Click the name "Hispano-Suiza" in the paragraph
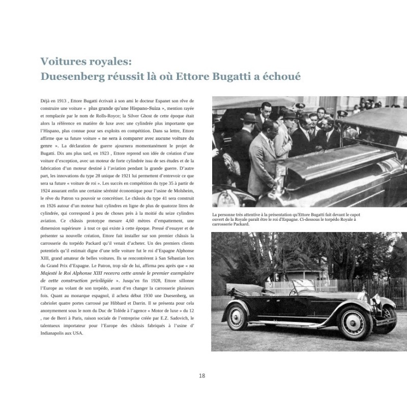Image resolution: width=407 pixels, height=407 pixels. click(x=161, y=109)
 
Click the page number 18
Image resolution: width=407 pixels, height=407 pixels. click(x=202, y=376)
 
